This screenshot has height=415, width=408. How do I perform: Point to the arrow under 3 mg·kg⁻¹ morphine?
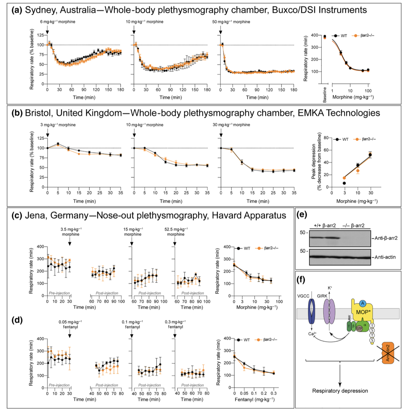point(48,134)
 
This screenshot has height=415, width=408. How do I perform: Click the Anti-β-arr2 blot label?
point(386,238)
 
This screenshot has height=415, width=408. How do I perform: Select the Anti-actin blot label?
point(385,257)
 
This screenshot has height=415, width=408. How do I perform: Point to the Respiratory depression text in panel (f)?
point(340,391)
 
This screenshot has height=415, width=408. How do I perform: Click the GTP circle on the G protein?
point(359,328)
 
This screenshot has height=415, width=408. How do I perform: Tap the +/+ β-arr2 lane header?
point(325,225)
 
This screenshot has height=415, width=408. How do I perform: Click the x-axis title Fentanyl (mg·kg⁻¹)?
point(255,400)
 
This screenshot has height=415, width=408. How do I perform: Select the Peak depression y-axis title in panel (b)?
point(316,162)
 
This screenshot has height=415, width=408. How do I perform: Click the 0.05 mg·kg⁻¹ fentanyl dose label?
point(70,324)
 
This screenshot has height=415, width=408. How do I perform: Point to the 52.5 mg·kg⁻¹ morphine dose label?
point(176,231)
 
